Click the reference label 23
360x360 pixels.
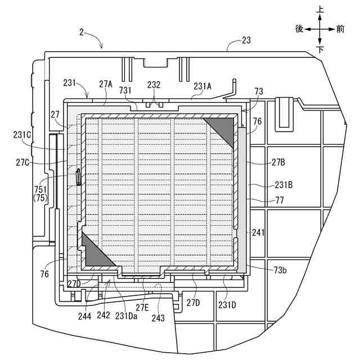[x=246, y=40]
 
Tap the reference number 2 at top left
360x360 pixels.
[x=82, y=33]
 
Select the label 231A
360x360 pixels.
[x=202, y=85]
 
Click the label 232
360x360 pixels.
[x=154, y=84]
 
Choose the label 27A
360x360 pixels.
[x=106, y=84]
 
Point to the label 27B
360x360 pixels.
[x=279, y=162]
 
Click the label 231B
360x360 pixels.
[x=282, y=184]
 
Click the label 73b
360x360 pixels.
[x=280, y=270]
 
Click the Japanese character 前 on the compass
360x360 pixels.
[x=340, y=29]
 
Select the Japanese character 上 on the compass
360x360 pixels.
[x=319, y=10]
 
